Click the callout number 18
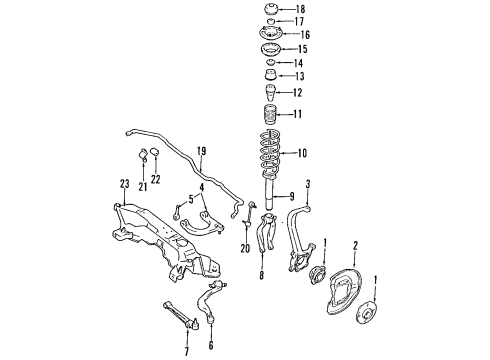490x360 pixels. (x=300, y=9)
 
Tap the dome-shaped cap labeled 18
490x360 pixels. (x=271, y=9)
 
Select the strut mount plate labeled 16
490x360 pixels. (x=271, y=34)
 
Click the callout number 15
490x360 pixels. (x=302, y=49)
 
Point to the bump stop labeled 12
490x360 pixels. (x=271, y=94)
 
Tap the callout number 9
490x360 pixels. (x=292, y=197)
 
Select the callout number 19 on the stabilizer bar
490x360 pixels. (x=201, y=151)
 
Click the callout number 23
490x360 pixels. (x=124, y=184)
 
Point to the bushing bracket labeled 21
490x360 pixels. (x=143, y=154)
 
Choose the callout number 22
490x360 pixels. (x=155, y=179)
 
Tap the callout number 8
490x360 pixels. (x=262, y=275)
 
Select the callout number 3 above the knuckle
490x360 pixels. (x=308, y=184)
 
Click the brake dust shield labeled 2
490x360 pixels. (x=345, y=293)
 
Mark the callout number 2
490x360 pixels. (x=355, y=246)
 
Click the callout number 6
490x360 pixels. (x=211, y=345)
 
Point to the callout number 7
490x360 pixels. (x=187, y=351)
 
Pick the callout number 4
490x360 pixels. (x=202, y=187)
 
